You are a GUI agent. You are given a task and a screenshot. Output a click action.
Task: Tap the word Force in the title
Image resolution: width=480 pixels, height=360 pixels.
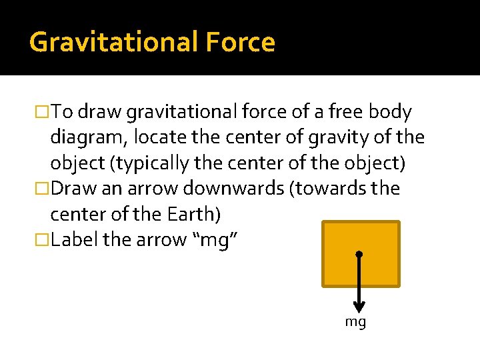241,43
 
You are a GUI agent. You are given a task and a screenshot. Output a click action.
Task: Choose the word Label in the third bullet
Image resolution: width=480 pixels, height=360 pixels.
74,239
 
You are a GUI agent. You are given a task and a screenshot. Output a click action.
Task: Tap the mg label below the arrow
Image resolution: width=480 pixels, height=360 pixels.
355,323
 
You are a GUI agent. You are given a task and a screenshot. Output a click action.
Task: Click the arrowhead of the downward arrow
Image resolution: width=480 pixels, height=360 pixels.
359,307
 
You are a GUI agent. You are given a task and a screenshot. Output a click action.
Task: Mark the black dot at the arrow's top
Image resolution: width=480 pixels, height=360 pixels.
359,255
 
